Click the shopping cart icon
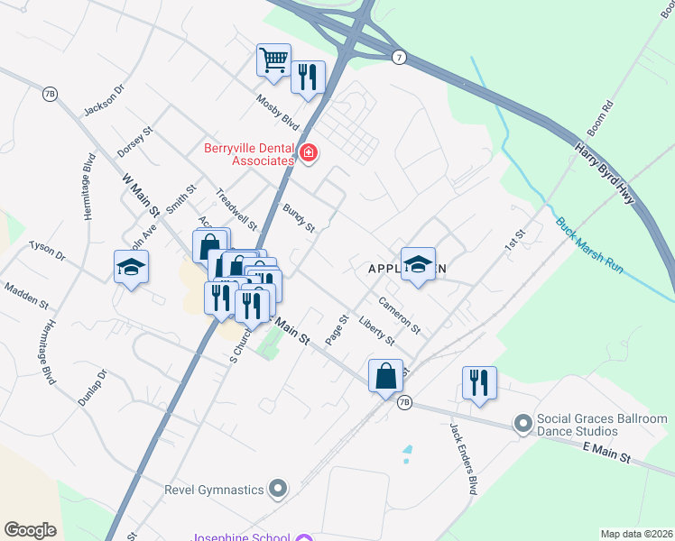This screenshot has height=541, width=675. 273,60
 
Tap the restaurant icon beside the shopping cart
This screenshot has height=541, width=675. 308,78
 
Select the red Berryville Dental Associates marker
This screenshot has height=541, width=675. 309,154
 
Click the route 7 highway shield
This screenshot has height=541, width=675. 398,57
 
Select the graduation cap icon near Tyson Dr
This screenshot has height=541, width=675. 131,267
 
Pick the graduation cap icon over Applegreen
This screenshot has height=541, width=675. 418,264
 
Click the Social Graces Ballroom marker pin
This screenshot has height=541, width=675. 522,422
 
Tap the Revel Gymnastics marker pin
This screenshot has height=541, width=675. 278,489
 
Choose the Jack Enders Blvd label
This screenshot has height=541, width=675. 460,459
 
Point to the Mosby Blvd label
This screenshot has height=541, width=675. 277,111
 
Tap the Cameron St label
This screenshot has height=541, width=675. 400,315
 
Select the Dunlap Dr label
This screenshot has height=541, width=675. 92,388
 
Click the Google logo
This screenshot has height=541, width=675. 30,530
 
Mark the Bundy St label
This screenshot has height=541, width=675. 299,218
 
